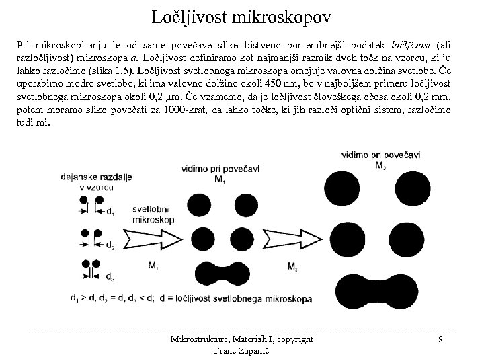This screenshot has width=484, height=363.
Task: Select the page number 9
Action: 440,340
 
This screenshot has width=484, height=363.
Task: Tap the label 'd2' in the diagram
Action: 111,246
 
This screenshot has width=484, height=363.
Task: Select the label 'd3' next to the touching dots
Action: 111,277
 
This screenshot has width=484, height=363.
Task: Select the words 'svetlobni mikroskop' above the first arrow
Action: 154,214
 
